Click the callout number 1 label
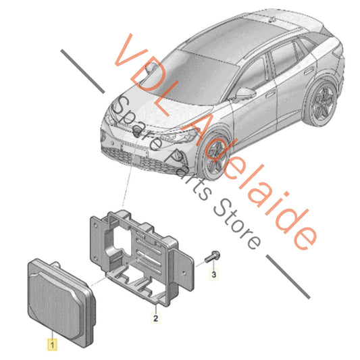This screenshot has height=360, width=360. pyautogui.click(x=53, y=344)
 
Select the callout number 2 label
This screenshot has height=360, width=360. pyautogui.click(x=155, y=318)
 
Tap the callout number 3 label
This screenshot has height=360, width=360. pyautogui.click(x=213, y=274)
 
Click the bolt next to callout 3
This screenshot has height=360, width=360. pyautogui.click(x=212, y=257)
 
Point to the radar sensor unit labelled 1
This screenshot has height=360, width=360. pyautogui.click(x=61, y=302)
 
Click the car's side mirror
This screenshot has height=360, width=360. pyautogui.click(x=245, y=94)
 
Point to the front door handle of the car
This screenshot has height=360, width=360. pyautogui.click(x=271, y=94)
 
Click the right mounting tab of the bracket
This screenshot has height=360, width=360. pyautogui.click(x=185, y=269)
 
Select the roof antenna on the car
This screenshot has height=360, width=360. pyautogui.click(x=272, y=20)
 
